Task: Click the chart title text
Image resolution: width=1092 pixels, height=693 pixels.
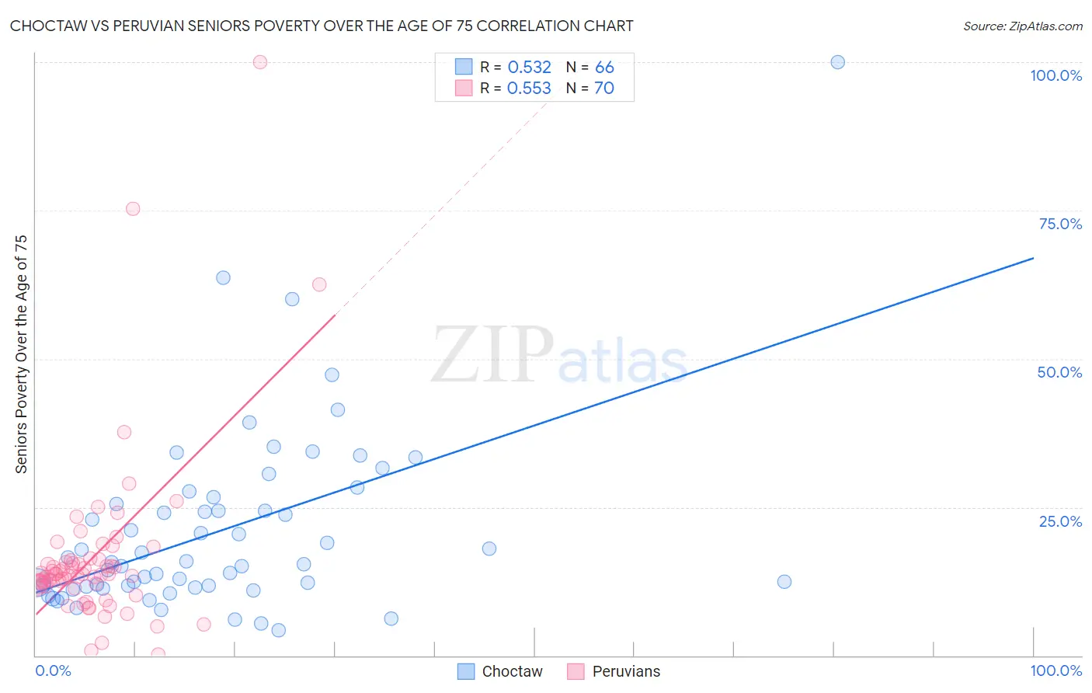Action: click(x=322, y=26)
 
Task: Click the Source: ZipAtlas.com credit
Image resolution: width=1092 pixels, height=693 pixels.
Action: click(x=1022, y=26)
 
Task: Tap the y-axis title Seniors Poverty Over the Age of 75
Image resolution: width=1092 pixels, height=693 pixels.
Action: click(x=22, y=354)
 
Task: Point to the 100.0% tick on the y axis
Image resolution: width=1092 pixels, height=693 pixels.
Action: click(x=1055, y=75)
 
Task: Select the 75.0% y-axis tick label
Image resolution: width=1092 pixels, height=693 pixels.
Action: click(x=1060, y=224)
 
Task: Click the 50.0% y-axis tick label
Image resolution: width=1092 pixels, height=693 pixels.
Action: click(x=1059, y=372)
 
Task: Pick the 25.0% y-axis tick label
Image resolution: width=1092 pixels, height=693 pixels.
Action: click(x=1060, y=521)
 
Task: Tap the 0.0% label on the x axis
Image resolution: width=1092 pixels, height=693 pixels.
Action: click(x=53, y=670)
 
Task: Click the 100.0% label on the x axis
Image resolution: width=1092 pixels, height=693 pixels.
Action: click(x=1055, y=670)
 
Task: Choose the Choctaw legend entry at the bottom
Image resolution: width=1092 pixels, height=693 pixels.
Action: click(x=499, y=671)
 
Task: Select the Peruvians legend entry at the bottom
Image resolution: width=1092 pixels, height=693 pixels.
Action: click(x=614, y=671)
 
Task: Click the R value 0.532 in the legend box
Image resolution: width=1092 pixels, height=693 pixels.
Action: click(x=529, y=67)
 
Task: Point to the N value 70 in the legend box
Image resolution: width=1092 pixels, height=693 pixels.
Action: click(x=603, y=89)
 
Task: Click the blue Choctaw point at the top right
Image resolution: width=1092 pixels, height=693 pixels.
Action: click(x=837, y=62)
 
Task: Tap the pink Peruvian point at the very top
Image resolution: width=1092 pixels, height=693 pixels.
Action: click(x=260, y=62)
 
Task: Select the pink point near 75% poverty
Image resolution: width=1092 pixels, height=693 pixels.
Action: click(x=133, y=209)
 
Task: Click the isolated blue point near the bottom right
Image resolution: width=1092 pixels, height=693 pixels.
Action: click(x=784, y=582)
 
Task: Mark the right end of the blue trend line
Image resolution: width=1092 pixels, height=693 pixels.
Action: click(x=1033, y=258)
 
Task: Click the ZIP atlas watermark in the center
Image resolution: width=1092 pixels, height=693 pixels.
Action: click(x=559, y=356)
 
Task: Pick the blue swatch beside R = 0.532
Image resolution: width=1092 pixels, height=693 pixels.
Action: click(x=464, y=67)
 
